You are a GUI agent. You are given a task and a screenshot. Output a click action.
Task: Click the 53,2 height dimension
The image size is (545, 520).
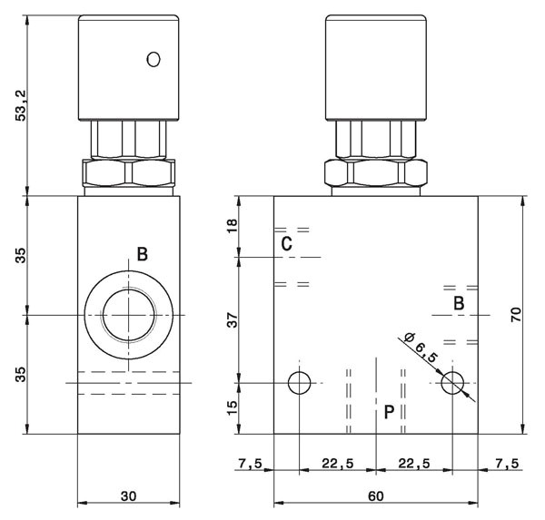[x=22, y=105]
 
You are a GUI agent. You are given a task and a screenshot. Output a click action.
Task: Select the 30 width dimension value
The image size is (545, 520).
[x=129, y=496]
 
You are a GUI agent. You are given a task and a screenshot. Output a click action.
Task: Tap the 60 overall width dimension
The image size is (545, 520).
[x=376, y=496]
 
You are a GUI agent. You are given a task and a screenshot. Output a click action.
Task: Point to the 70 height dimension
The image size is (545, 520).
[x=516, y=314]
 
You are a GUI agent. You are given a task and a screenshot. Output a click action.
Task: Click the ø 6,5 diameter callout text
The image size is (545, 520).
[x=421, y=348]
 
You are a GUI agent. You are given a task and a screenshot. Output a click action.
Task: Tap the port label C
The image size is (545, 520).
[x=287, y=244]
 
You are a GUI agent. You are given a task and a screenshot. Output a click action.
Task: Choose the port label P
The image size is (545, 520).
[x=390, y=412]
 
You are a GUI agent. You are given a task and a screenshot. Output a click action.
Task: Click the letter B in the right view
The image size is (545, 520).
[x=459, y=303]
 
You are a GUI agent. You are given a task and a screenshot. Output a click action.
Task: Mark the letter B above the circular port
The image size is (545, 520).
[x=143, y=254]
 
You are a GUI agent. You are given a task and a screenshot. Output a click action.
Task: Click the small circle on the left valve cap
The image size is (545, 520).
[x=154, y=59]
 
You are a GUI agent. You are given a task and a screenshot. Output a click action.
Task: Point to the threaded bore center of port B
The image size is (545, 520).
[x=129, y=315]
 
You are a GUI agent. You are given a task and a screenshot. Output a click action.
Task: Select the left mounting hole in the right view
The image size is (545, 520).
[x=299, y=383]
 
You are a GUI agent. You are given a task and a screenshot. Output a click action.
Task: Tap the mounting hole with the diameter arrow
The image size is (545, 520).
[x=452, y=383]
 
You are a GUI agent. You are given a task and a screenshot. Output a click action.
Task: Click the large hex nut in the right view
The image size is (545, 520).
[x=376, y=173]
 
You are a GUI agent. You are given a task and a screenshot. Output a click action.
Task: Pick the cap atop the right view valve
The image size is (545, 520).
[x=376, y=68]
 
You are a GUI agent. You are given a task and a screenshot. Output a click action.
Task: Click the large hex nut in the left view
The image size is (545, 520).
[x=129, y=173]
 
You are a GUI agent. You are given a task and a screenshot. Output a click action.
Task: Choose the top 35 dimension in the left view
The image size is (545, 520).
[x=22, y=255]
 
